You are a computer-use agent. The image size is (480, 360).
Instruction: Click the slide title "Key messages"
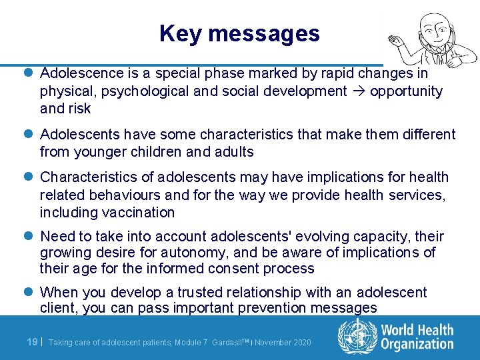tap(240, 33)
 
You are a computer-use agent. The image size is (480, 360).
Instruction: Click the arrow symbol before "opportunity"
tap(358, 91)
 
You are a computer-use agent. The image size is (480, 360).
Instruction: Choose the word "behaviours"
tap(119, 195)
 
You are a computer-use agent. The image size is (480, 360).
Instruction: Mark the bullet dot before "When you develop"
tap(31, 293)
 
